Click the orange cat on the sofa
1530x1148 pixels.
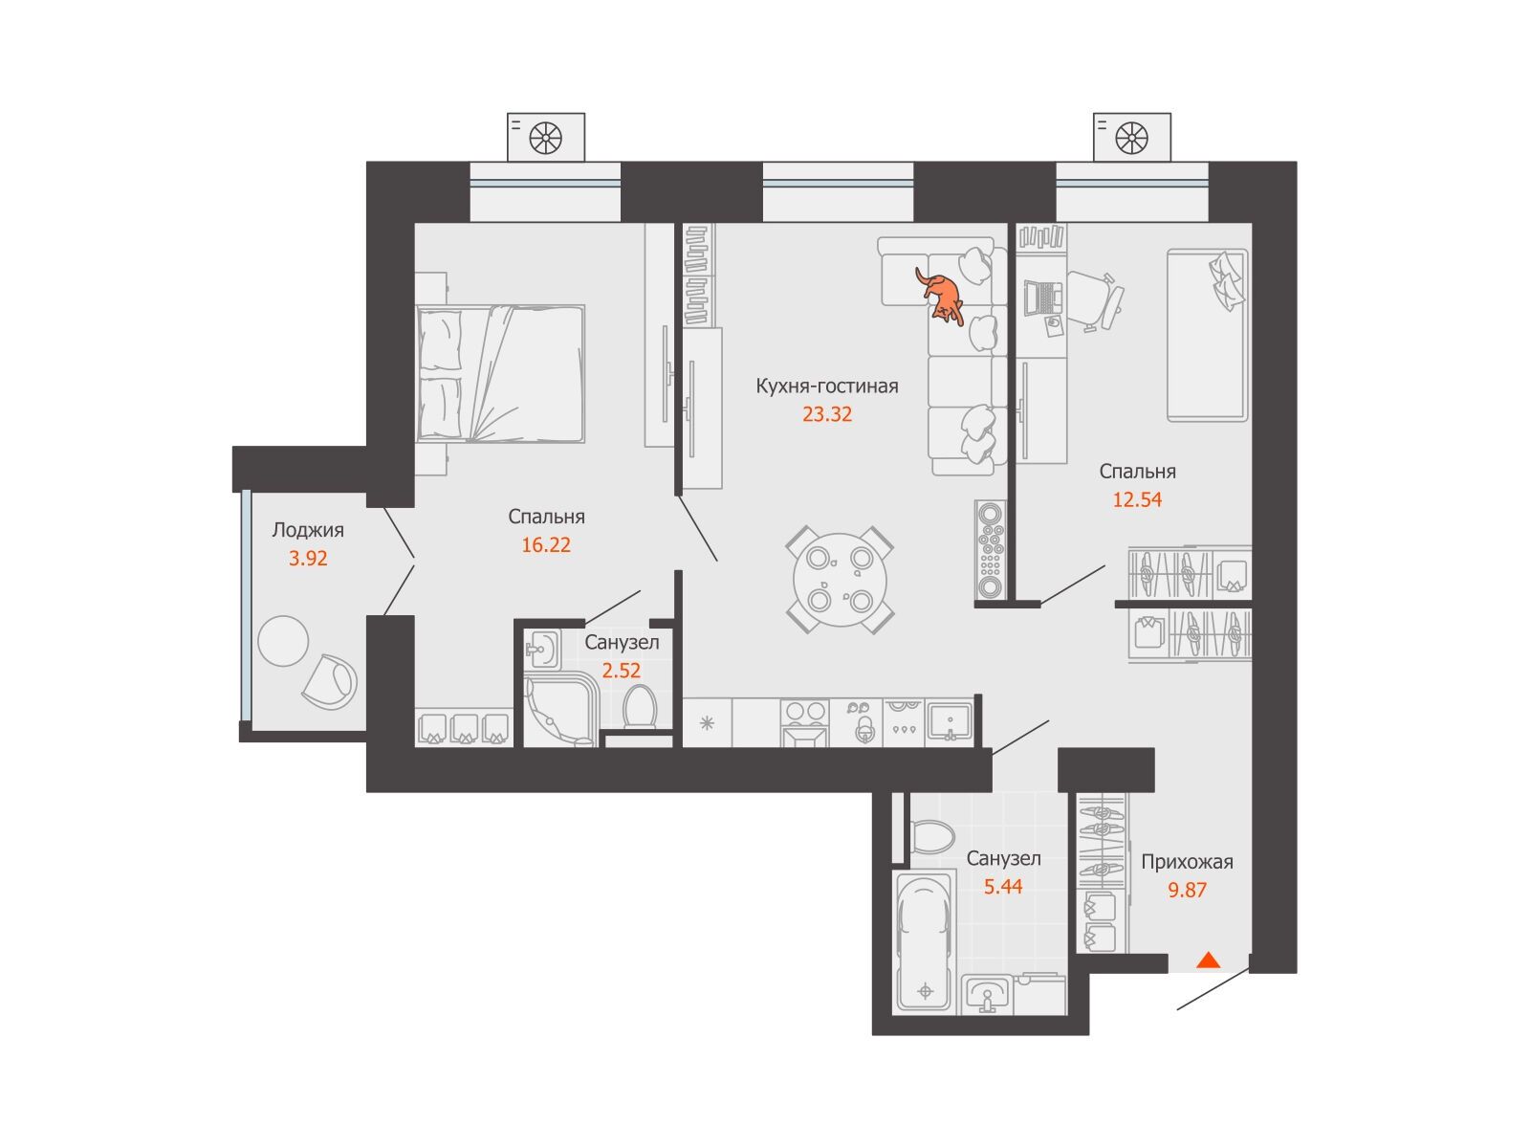[x=940, y=297]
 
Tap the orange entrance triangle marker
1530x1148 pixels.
[x=1208, y=961]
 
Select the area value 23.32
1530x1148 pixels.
[x=827, y=415]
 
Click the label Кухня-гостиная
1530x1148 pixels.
[x=827, y=386]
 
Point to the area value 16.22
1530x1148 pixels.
[x=546, y=545]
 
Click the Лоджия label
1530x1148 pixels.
[x=307, y=530]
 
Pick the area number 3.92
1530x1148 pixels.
[x=307, y=559]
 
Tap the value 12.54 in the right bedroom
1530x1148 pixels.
[x=1137, y=499]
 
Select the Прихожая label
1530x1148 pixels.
[x=1187, y=862]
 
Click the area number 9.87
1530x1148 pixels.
[x=1187, y=890]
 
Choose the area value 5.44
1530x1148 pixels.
[x=1003, y=887]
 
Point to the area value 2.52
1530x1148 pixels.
[x=621, y=671]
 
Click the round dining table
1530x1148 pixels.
[x=840, y=580]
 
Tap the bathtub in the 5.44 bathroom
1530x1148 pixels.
[x=924, y=942]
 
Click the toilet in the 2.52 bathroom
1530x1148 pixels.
[x=639, y=707]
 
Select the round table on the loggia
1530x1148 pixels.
[x=282, y=641]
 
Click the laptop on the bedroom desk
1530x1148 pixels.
[x=1042, y=297]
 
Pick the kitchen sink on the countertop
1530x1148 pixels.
[x=949, y=721]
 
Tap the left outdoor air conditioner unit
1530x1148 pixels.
[x=545, y=138]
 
